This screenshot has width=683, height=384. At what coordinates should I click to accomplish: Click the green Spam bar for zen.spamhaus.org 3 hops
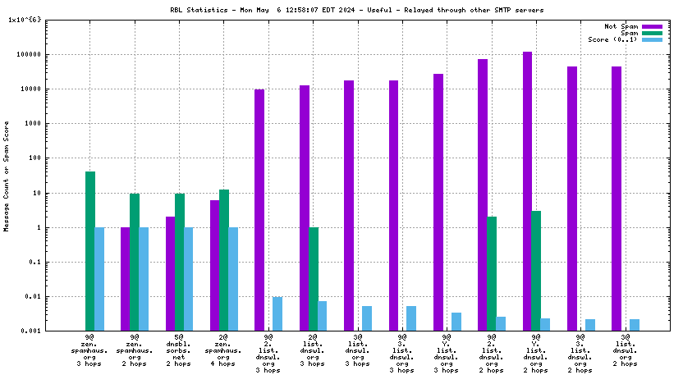pyautogui.click(x=90, y=251)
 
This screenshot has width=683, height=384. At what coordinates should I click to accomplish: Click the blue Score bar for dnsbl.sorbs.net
pyautogui.click(x=188, y=279)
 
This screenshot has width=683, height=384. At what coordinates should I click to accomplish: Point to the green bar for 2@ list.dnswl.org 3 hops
pyautogui.click(x=313, y=279)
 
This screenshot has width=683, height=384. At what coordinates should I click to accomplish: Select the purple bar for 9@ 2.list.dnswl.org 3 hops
pyautogui.click(x=259, y=210)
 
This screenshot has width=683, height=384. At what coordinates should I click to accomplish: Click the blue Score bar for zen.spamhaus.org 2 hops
pyautogui.click(x=144, y=279)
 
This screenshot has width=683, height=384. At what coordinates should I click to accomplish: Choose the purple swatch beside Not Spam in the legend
pyautogui.click(x=652, y=27)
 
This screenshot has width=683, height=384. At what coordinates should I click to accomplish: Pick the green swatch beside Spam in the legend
pyautogui.click(x=652, y=34)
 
